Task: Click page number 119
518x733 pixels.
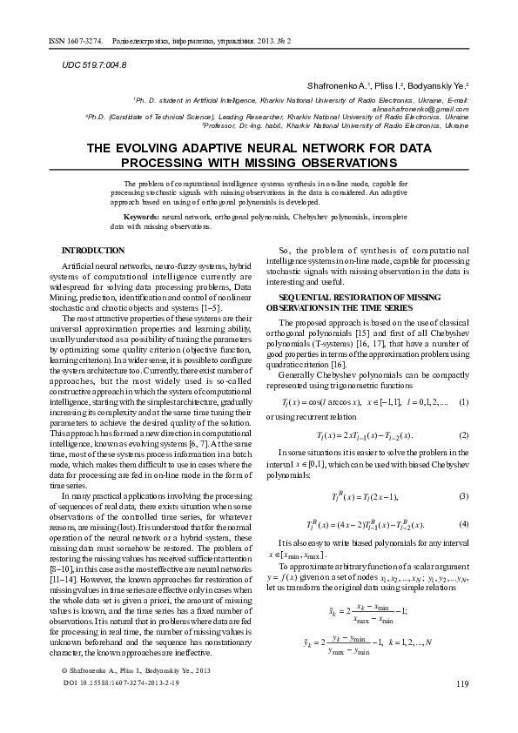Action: (461, 708)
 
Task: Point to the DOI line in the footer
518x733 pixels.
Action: (122, 709)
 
